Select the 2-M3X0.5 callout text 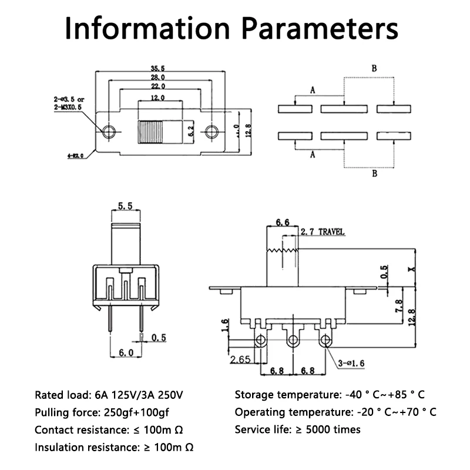pyautogui.click(x=69, y=108)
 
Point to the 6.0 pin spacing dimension pyautogui.click(x=126, y=352)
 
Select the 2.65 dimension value pyautogui.click(x=240, y=360)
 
